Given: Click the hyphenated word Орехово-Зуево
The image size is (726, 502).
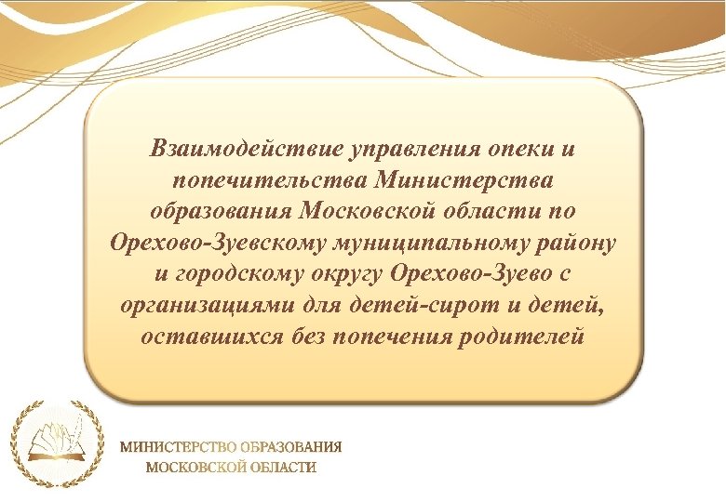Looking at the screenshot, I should tap(474, 274).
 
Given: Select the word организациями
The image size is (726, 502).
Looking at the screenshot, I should tap(213, 306).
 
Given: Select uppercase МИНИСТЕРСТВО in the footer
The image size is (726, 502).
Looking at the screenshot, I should tap(177, 446).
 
